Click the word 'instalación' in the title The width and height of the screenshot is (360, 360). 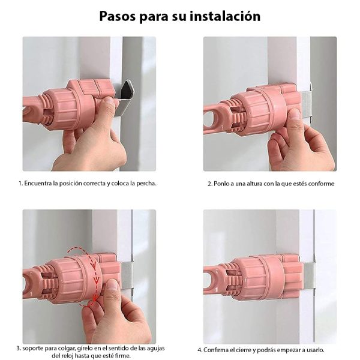coord(226,16)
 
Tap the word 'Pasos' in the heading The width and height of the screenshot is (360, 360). coord(118,16)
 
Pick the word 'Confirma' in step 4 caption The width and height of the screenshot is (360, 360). coord(215,350)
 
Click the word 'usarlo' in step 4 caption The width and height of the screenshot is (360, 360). coord(316,350)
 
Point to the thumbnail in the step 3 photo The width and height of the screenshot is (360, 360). coord(113,286)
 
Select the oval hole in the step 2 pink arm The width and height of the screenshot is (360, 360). coord(208,119)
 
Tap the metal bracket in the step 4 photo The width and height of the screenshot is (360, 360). coord(309,276)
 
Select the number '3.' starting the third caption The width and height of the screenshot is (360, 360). coord(19,348)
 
